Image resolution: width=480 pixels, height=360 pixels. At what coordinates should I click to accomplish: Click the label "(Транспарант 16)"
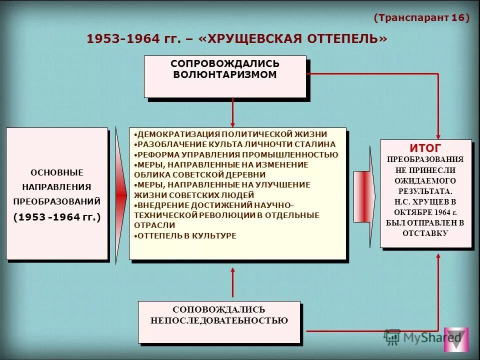(421, 18)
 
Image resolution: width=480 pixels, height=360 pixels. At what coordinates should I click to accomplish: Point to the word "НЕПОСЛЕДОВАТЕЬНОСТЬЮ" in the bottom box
(219, 320)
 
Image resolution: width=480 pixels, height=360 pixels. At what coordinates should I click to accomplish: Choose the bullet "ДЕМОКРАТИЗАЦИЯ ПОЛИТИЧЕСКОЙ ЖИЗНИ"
(232, 134)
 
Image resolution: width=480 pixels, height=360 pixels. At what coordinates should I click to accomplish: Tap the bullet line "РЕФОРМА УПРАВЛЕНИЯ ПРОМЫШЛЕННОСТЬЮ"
(237, 154)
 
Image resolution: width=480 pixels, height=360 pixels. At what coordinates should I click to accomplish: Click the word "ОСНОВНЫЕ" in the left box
(57, 172)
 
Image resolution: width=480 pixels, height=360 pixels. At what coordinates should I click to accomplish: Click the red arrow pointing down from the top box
(232, 112)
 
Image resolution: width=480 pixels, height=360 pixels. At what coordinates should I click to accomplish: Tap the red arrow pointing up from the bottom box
(232, 282)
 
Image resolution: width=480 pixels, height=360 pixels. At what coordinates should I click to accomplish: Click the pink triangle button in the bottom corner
(456, 340)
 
